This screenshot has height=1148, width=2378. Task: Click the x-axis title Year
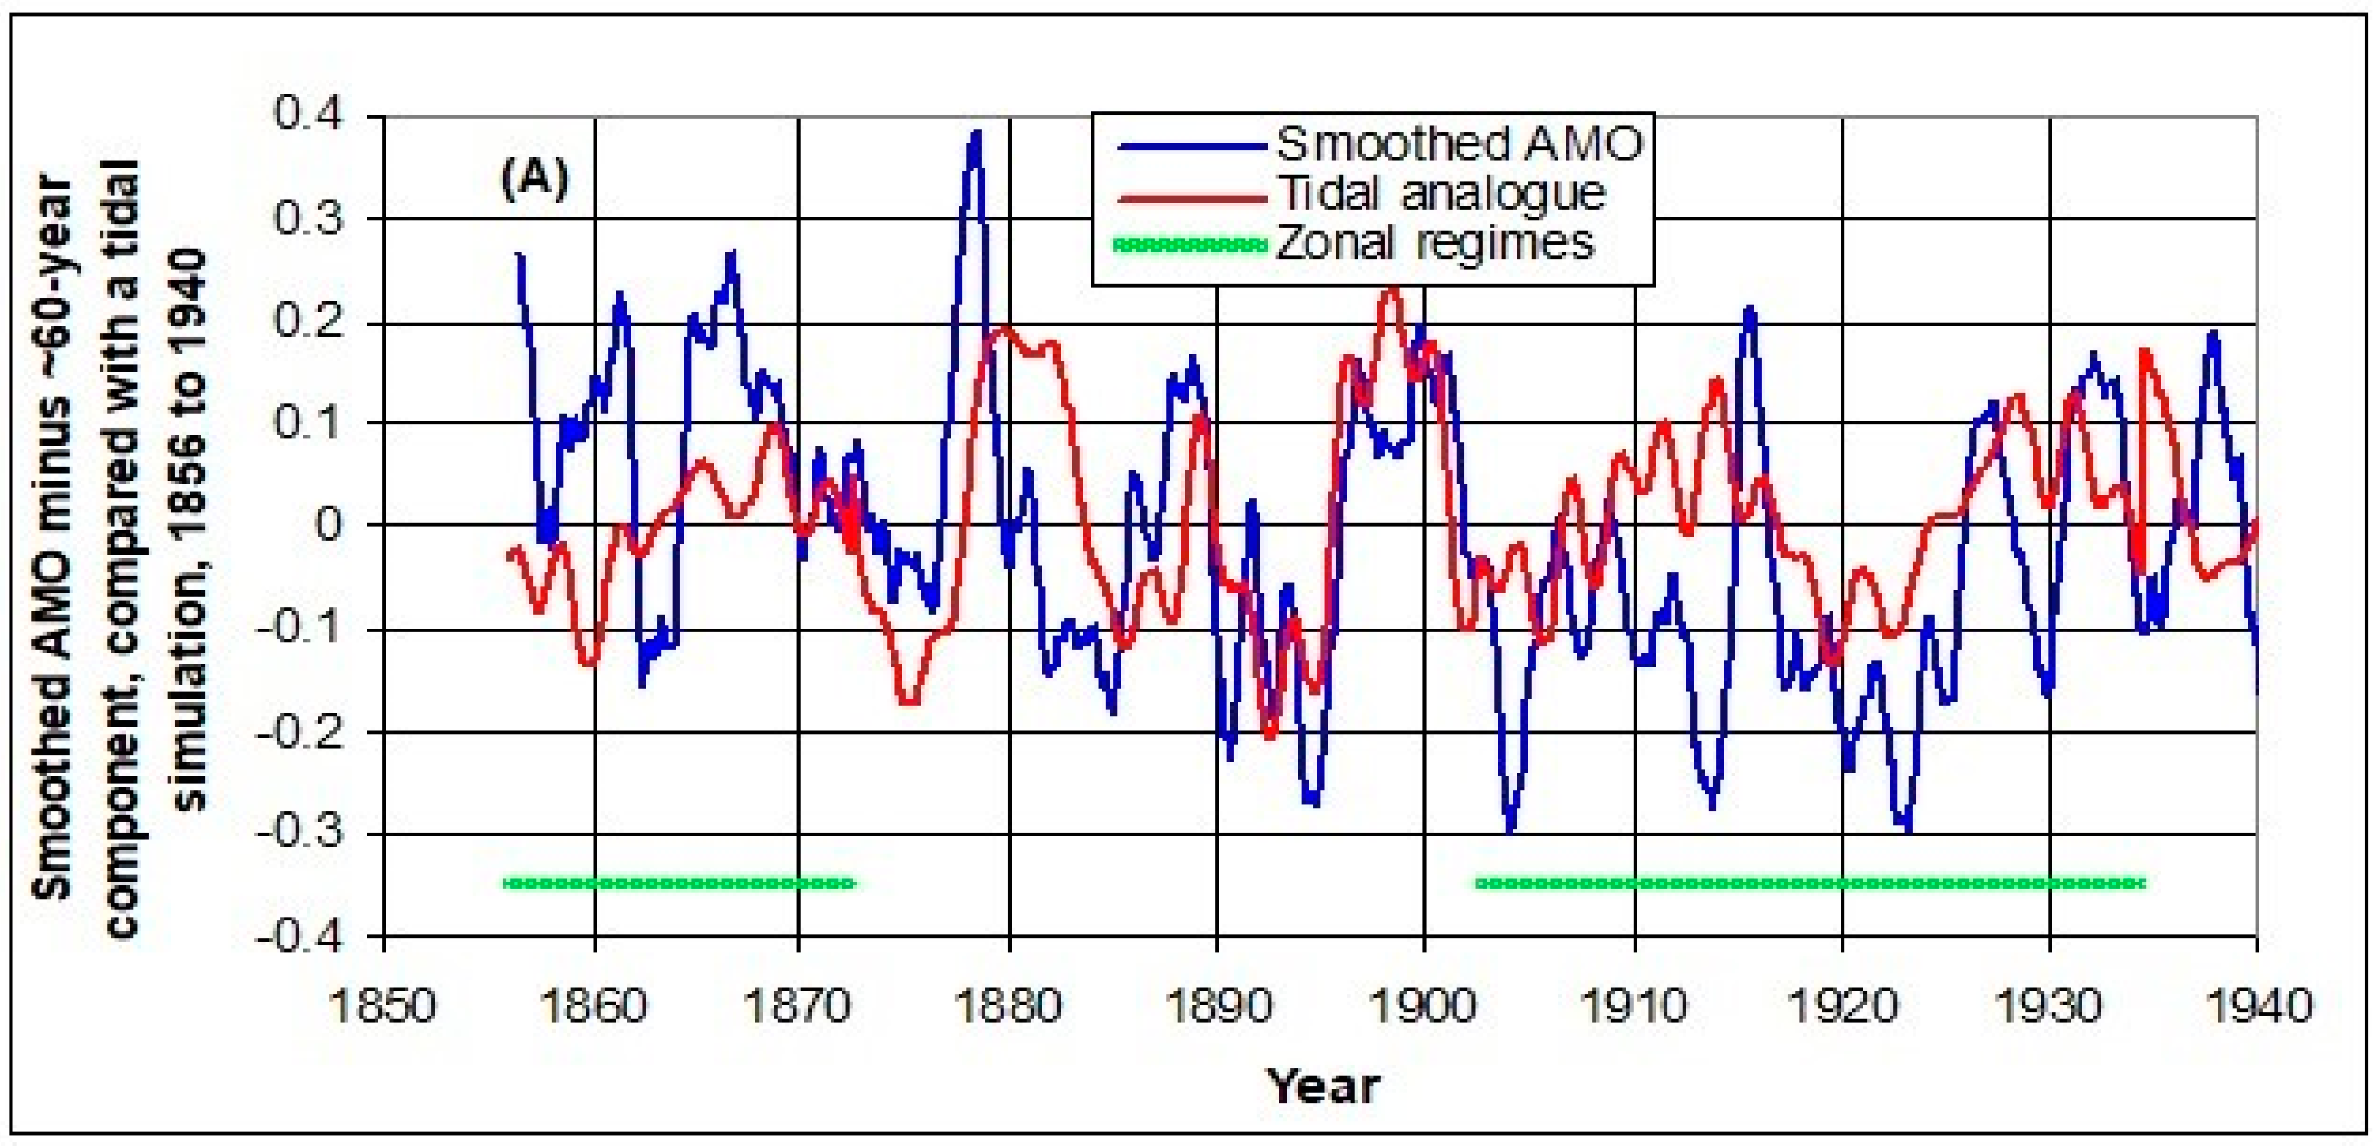pyautogui.click(x=1323, y=1085)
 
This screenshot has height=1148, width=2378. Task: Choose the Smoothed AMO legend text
pyautogui.click(x=1459, y=144)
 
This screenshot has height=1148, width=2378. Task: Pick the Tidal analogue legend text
pyautogui.click(x=1440, y=194)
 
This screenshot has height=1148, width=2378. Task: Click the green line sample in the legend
pyautogui.click(x=1191, y=244)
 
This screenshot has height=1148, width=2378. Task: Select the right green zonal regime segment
pyautogui.click(x=1809, y=883)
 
